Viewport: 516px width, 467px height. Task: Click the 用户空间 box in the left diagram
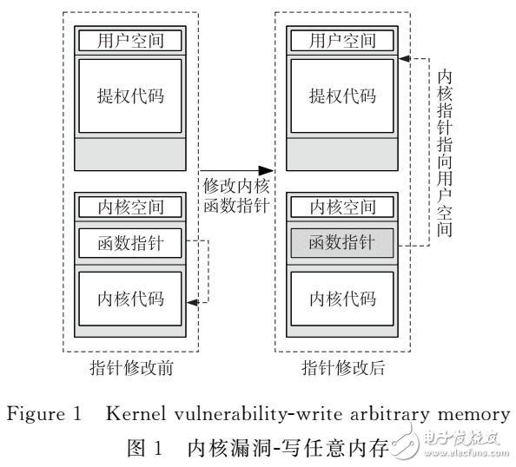(132, 40)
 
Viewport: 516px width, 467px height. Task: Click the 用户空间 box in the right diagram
(342, 40)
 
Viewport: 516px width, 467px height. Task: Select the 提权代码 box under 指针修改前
(132, 96)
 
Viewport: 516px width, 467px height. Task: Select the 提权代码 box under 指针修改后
(342, 96)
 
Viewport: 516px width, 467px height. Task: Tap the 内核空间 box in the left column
(132, 207)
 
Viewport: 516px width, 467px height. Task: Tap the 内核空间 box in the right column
(342, 207)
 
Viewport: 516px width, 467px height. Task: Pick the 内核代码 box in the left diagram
(132, 298)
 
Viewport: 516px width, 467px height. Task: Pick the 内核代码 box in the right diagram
(342, 298)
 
